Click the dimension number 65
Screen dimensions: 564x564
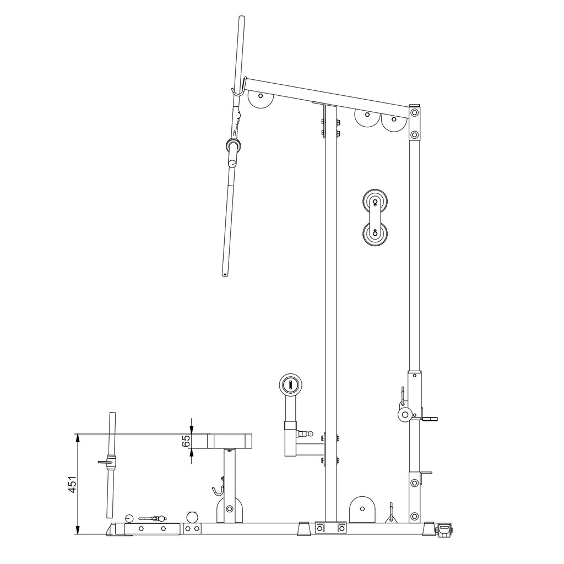186,441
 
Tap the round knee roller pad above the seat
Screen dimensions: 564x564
290,384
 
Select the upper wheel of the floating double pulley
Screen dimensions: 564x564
375,202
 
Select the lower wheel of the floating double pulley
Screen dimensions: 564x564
375,232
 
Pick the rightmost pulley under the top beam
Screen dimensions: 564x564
393,120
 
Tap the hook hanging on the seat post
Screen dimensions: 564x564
218,489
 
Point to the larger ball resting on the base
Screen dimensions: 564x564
192,517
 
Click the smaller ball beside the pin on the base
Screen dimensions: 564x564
129,518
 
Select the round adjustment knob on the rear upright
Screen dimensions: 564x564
406,414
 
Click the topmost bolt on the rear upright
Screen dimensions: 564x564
414,113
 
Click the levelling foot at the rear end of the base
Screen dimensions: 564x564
445,529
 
